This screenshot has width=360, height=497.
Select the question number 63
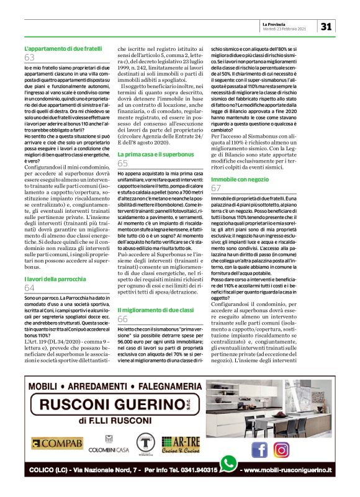click(29, 58)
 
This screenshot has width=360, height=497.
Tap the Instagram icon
click(282, 449)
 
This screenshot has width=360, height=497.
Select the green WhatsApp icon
click(229, 463)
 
